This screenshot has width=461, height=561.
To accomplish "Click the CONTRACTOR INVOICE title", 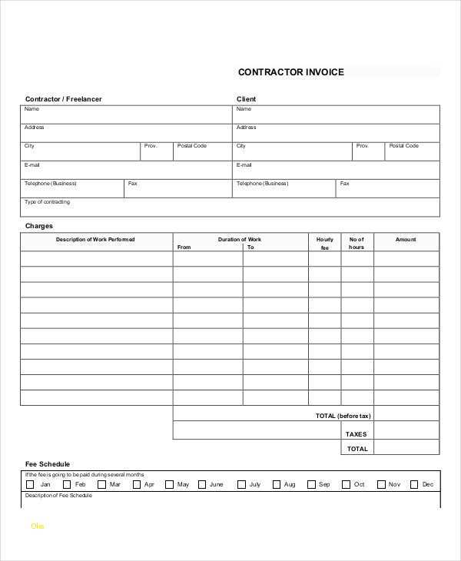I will tap(290, 72).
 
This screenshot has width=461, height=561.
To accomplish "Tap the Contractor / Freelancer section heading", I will tap(63, 99).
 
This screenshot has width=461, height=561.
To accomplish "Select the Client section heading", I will tap(246, 99).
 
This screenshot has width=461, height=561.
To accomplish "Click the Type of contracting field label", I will tap(47, 202).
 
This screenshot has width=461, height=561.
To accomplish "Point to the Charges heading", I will tap(39, 226).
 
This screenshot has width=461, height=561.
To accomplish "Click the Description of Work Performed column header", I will tap(95, 240).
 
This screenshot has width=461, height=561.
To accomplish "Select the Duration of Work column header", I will tap(240, 240).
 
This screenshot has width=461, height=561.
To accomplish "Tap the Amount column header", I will tap(406, 240).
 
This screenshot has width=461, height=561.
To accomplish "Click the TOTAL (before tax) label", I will tap(343, 416).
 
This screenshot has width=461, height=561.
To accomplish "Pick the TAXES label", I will tap(357, 434).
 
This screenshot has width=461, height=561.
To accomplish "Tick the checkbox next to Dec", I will tap(414, 485).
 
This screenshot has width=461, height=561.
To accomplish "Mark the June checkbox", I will tap(202, 485).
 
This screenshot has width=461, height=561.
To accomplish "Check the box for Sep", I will tap(311, 485).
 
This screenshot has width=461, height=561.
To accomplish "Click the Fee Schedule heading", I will tap(48, 464).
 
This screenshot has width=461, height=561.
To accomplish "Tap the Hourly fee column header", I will tap(325, 244).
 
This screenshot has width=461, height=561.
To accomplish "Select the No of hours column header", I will tap(357, 244).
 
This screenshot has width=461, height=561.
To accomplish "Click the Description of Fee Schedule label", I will tap(58, 496).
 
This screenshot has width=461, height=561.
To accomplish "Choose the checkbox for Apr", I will tap(136, 485).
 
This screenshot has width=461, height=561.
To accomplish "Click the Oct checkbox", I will tap(346, 485).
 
